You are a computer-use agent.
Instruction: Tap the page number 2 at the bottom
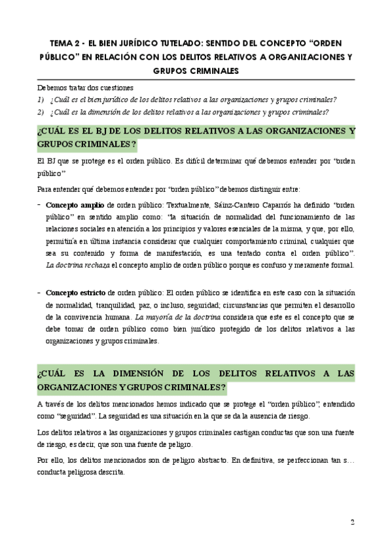[352, 522]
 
